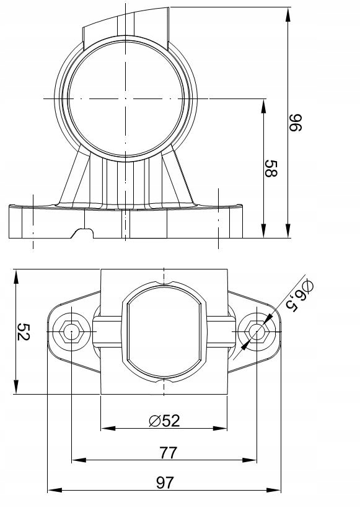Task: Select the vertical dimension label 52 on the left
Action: [24, 331]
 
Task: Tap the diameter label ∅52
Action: [164, 421]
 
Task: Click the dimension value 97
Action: [164, 483]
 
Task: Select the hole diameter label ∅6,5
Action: [298, 296]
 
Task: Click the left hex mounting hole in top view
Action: [71, 332]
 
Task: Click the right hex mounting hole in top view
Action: [256, 332]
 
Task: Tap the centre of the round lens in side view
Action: [126, 99]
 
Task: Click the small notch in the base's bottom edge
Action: [82, 233]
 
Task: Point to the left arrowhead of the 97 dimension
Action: [52, 490]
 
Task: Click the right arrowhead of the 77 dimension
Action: [252, 460]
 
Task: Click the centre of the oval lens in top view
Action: [164, 332]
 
